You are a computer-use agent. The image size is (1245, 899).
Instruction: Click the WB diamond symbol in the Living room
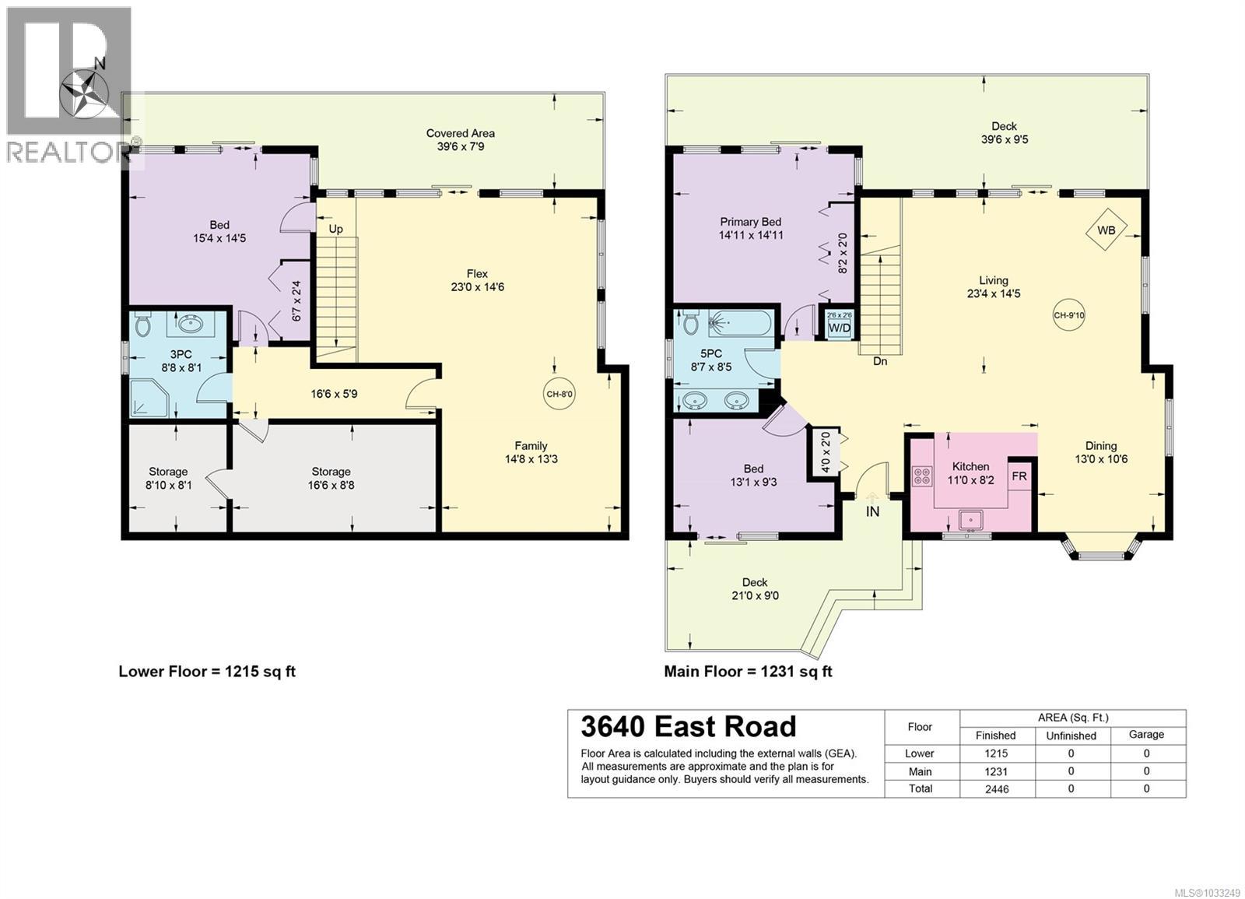click(x=1106, y=230)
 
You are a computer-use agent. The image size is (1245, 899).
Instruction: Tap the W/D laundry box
click(x=839, y=325)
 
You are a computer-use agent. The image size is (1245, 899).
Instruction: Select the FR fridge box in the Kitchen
click(x=1019, y=476)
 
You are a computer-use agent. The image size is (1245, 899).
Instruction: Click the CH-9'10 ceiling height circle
click(x=1069, y=315)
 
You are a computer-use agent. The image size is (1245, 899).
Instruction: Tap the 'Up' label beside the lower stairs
click(x=336, y=229)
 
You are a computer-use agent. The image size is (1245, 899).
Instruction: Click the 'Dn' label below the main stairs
click(x=880, y=361)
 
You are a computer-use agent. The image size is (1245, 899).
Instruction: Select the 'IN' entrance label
click(x=873, y=511)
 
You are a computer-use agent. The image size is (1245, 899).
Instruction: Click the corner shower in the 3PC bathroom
click(x=144, y=399)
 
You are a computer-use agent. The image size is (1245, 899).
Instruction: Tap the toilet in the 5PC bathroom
click(x=689, y=322)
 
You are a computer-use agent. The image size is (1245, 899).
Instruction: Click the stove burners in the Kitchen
click(x=923, y=476)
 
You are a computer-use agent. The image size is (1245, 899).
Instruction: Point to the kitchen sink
click(x=971, y=519)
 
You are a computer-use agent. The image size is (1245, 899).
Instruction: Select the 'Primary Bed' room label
click(x=750, y=222)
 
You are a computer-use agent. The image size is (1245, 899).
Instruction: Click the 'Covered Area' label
click(x=461, y=133)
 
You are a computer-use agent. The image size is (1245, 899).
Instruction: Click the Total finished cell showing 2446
click(x=996, y=788)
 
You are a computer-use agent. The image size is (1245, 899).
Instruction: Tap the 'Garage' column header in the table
click(x=1146, y=734)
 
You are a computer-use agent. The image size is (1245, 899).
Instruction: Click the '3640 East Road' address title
click(x=689, y=726)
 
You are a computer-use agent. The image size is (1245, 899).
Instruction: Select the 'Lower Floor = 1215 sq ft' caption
click(x=207, y=671)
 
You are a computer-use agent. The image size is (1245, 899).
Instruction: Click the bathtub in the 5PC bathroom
click(x=739, y=321)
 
